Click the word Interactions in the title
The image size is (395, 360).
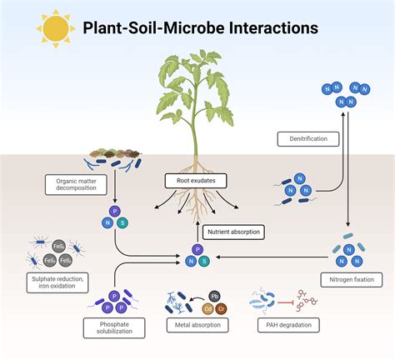pos(269,28)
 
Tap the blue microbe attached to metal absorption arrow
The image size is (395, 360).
pos(177,300)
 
